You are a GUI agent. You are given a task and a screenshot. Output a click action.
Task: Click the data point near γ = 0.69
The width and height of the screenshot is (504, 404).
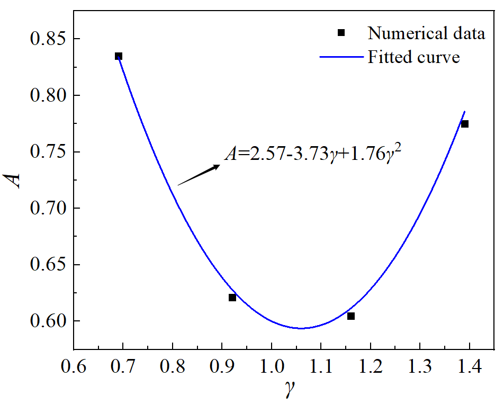(119, 56)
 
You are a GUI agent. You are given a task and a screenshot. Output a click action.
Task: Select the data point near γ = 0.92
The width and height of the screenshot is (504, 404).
(232, 298)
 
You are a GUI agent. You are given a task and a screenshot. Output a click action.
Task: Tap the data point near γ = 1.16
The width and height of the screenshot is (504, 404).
(351, 316)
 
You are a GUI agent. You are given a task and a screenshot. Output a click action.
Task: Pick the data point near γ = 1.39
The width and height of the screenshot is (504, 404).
(465, 124)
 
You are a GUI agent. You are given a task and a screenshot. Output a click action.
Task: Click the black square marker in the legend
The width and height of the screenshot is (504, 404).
(341, 33)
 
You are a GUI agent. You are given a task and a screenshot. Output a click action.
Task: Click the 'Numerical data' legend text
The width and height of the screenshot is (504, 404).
(427, 33)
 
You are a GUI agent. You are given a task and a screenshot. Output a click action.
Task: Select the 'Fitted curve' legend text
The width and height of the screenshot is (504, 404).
(414, 57)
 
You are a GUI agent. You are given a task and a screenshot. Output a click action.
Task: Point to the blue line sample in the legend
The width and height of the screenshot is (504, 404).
(341, 57)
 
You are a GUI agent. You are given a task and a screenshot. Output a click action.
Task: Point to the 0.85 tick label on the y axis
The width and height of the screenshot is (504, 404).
(46, 39)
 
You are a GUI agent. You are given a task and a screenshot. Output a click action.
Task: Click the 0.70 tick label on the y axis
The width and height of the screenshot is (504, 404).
(46, 209)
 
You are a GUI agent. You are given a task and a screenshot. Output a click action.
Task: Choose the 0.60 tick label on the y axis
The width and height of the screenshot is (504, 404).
(46, 321)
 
